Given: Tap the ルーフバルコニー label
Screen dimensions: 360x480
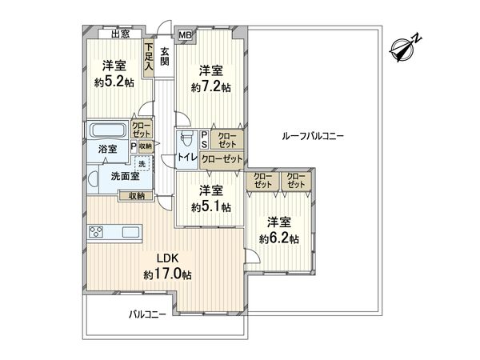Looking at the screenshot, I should (313, 137).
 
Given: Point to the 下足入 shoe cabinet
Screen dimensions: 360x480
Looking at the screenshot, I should (149, 59).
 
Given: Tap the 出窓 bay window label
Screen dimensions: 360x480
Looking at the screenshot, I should (121, 34).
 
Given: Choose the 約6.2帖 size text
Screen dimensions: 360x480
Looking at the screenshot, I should (278, 238).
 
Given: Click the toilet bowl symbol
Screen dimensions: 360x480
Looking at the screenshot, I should (186, 138).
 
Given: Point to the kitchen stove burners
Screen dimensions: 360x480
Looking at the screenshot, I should (95, 233).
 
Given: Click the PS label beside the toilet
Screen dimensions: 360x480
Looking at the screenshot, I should (205, 139).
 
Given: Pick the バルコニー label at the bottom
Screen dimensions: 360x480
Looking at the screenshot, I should (147, 315).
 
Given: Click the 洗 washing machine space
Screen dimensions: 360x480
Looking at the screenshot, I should (142, 165).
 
